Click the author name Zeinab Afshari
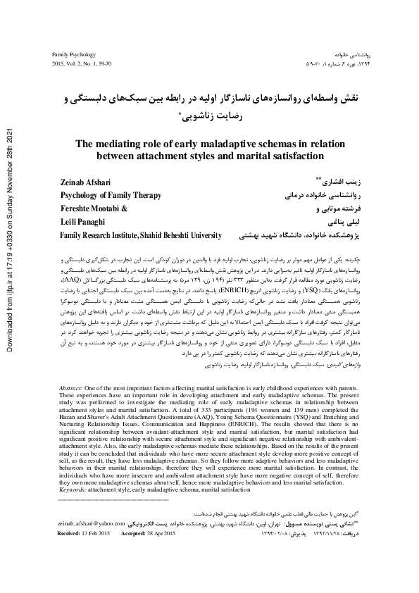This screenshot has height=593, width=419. (x=84, y=183)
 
